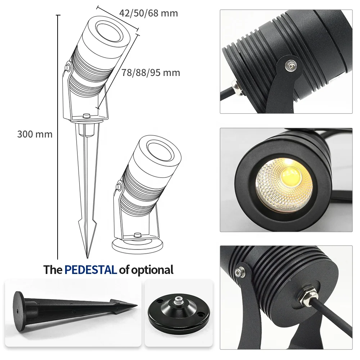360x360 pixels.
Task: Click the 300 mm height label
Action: click(35, 134)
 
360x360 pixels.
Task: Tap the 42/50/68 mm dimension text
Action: click(148, 13)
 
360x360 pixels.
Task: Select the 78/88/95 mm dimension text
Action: click(150, 73)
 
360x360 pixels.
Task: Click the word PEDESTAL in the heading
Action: click(90, 270)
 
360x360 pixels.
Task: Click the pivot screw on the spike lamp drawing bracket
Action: click(67, 67)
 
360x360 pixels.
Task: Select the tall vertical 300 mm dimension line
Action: click(58, 137)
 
